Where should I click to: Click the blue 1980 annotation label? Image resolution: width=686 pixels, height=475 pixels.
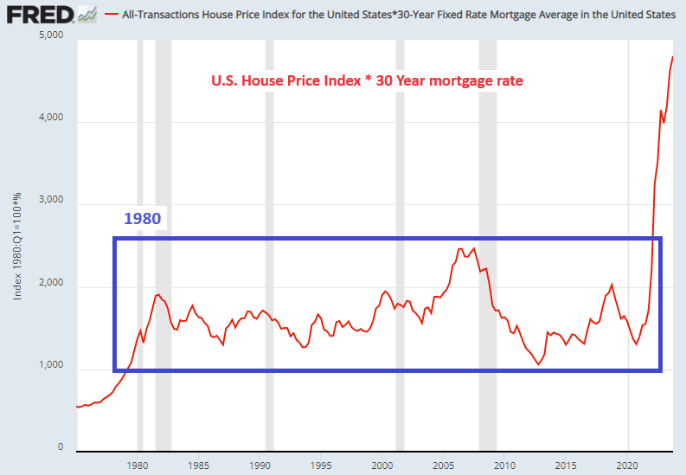pyautogui.click(x=142, y=218)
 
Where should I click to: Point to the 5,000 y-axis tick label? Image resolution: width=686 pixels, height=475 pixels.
pyautogui.click(x=52, y=35)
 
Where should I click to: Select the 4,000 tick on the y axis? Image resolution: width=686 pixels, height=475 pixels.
pyautogui.click(x=52, y=119)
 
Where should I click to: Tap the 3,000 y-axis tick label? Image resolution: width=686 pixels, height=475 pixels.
pyautogui.click(x=52, y=201)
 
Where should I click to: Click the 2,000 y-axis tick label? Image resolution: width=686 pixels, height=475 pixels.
pyautogui.click(x=52, y=284)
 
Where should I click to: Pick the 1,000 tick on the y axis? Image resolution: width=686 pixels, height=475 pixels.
pyautogui.click(x=52, y=366)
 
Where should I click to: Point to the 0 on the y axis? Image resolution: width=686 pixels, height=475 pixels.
pyautogui.click(x=61, y=448)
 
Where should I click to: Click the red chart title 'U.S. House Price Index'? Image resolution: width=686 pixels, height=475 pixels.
pyautogui.click(x=367, y=81)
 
